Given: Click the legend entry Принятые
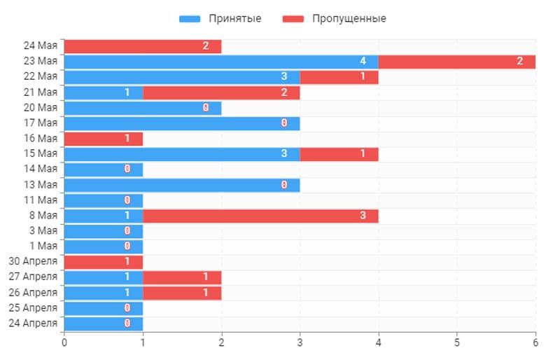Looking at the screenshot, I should pyautogui.click(x=220, y=18).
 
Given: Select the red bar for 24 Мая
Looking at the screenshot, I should pyautogui.click(x=143, y=46).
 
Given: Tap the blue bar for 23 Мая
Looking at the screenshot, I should pyautogui.click(x=220, y=62).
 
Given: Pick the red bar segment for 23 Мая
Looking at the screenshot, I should pyautogui.click(x=456, y=62).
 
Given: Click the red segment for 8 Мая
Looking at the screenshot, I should pyautogui.click(x=260, y=216).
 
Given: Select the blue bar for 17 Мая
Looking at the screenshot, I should pyautogui.click(x=182, y=123).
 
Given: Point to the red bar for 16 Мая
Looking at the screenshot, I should pyautogui.click(x=104, y=139).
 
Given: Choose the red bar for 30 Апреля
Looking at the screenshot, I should pyautogui.click(x=104, y=262).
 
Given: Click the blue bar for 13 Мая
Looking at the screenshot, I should pyautogui.click(x=182, y=185).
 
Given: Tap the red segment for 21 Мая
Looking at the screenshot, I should pyautogui.click(x=221, y=92).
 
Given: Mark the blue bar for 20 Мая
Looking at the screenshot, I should pyautogui.click(x=143, y=108).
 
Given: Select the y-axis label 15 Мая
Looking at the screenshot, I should pyautogui.click(x=40, y=153).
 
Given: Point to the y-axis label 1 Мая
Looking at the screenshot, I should pyautogui.click(x=43, y=246).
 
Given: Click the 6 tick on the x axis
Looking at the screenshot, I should pyautogui.click(x=535, y=342).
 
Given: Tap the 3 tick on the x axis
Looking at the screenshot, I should pyautogui.click(x=300, y=342).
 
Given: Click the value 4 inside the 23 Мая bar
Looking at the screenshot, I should pyautogui.click(x=363, y=62).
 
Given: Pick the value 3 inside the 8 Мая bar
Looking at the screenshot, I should pyautogui.click(x=363, y=216).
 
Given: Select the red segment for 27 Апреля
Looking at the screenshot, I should pyautogui.click(x=182, y=277).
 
